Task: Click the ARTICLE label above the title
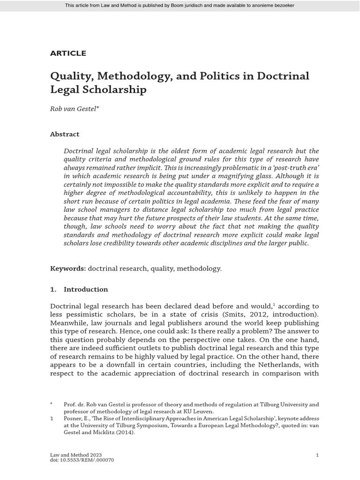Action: (68, 53)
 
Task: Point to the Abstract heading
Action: (65, 134)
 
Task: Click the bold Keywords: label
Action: (67, 269)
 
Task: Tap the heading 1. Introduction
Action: (79, 289)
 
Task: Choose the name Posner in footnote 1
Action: (73, 418)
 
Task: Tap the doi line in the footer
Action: (82, 460)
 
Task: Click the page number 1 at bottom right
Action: (317, 455)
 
